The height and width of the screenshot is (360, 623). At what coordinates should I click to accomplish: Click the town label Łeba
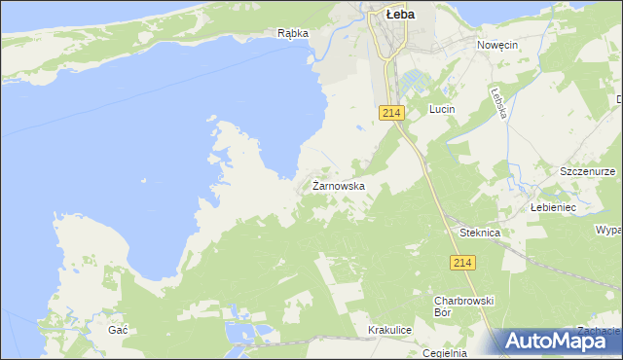[x=401, y=15]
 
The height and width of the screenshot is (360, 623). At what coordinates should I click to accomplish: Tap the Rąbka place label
[x=292, y=33]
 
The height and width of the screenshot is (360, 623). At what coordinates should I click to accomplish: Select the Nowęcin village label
[x=496, y=46]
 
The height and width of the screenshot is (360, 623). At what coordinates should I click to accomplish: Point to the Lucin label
[x=443, y=110]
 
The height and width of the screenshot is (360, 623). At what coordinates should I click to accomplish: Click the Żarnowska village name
[x=339, y=185]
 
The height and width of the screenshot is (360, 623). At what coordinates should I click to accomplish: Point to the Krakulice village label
[x=390, y=331]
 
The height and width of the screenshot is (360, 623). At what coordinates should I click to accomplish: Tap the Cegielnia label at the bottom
[x=446, y=353]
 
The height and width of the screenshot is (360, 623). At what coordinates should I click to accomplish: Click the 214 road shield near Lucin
[x=391, y=114]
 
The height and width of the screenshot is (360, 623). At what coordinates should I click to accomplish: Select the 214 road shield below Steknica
[x=462, y=264]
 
